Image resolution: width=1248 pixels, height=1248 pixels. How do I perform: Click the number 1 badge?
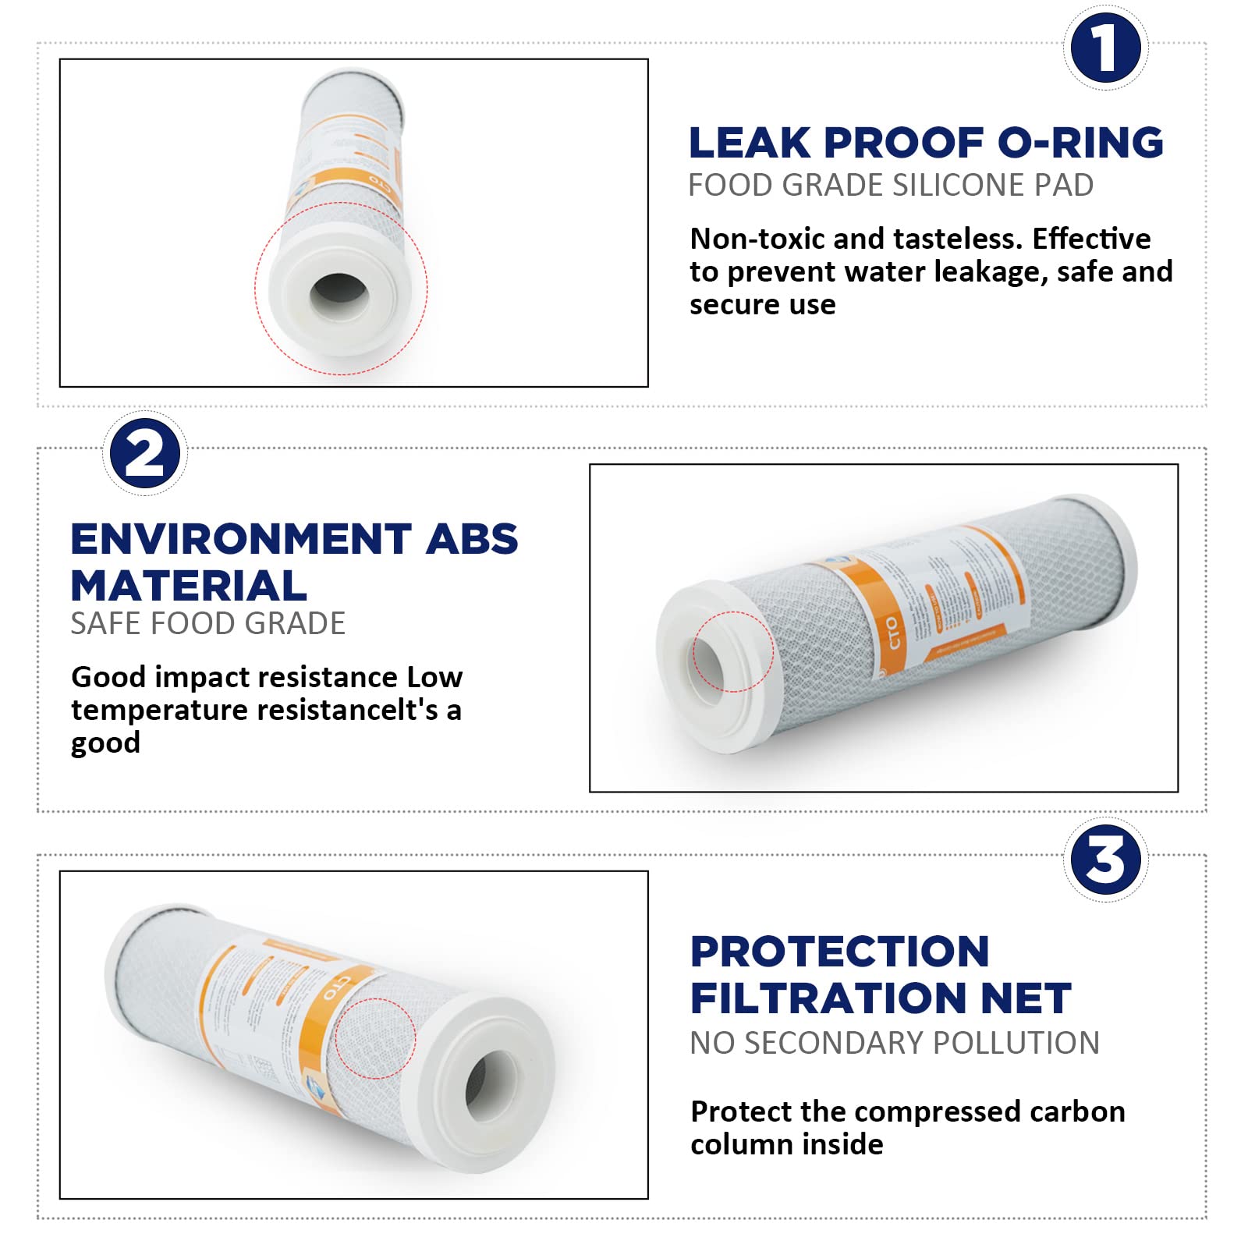(1105, 48)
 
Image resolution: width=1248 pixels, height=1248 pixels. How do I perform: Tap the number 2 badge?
(145, 453)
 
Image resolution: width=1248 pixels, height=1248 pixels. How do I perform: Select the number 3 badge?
(1105, 860)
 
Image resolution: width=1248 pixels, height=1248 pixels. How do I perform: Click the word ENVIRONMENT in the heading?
(241, 539)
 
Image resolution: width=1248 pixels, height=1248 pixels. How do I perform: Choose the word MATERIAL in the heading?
(189, 586)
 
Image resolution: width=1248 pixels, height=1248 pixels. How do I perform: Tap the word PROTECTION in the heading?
(840, 952)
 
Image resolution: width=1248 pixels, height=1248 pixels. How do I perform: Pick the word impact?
(198, 677)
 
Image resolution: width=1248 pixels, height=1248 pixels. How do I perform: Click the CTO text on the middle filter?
(892, 633)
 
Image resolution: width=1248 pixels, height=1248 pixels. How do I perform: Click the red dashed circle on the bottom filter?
(375, 1038)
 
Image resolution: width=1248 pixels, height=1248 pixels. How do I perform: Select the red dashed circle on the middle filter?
(732, 651)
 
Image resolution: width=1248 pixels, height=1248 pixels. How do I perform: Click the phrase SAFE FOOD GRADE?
(207, 624)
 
